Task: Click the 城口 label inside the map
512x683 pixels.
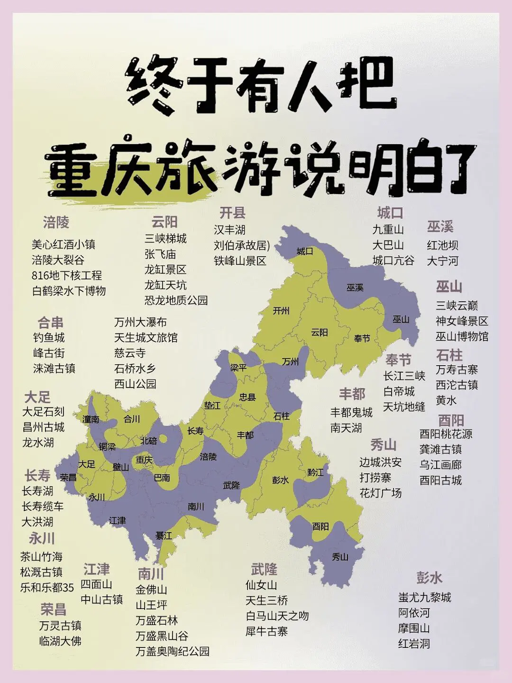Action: (305, 251)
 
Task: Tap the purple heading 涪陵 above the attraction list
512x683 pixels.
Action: (56, 222)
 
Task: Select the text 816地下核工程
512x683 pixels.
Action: (67, 276)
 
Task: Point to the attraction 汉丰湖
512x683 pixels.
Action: (229, 230)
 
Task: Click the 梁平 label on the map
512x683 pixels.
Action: (238, 368)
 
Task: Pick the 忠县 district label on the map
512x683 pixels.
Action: (247, 397)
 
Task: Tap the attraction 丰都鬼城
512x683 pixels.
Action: (351, 412)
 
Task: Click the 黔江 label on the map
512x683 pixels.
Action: (315, 472)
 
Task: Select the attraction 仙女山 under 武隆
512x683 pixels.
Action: (261, 585)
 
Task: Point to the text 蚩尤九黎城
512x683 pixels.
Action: (425, 597)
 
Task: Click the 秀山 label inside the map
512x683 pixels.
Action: (340, 557)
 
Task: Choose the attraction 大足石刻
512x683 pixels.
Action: (43, 412)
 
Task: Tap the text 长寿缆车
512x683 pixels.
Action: (43, 507)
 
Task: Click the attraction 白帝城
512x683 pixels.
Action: (399, 391)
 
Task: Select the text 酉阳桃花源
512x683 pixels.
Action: (446, 434)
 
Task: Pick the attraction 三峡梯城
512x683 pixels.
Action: (166, 238)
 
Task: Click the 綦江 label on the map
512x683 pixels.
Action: (164, 536)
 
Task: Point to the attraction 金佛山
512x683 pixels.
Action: (151, 590)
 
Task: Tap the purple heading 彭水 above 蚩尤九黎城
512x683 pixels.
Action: (430, 578)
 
